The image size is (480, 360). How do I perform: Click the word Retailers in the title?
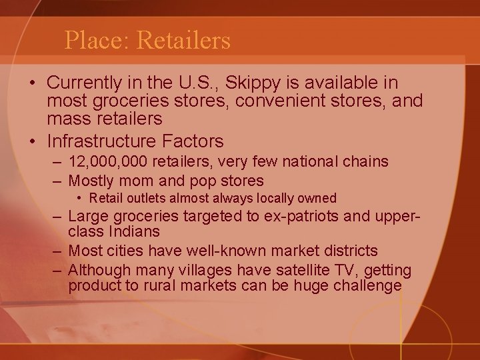point(183,41)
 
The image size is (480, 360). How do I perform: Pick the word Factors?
point(196,141)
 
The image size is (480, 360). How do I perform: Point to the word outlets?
point(139,199)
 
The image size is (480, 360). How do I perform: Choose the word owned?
point(319,199)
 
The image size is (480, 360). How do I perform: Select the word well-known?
point(238,251)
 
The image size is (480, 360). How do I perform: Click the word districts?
point(348,251)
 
